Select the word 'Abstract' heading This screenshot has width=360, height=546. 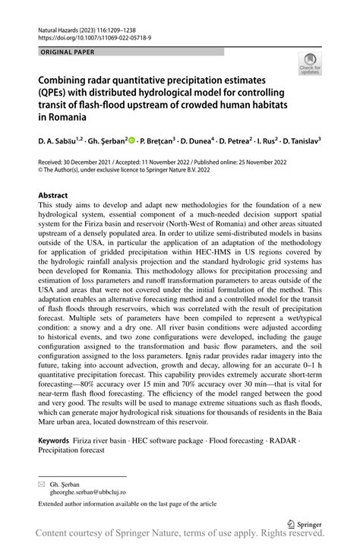57,195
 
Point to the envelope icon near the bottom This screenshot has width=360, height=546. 43,484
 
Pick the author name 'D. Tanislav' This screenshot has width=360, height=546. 296,140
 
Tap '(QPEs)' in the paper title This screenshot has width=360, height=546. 58,93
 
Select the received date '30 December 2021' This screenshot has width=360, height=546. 92,162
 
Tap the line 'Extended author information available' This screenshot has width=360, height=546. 127,503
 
